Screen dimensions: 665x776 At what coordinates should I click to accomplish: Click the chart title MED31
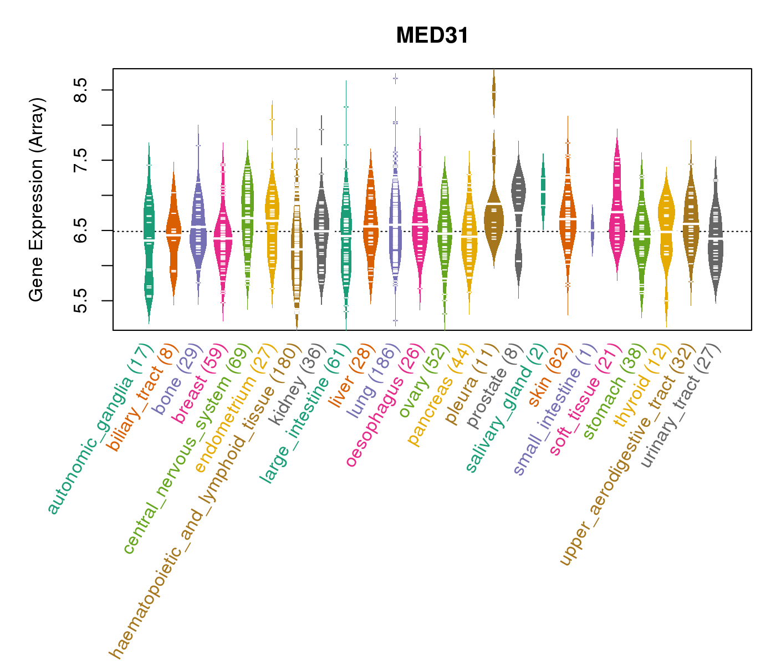point(432,36)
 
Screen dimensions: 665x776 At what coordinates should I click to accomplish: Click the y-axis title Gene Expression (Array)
point(37,199)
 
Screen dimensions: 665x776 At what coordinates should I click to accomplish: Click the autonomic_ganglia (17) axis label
point(100,429)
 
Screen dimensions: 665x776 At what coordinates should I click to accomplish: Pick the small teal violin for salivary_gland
point(543,188)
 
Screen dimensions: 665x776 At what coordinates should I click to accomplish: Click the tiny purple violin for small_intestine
point(592,230)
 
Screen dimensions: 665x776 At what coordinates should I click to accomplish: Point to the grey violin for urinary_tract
point(716,233)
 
